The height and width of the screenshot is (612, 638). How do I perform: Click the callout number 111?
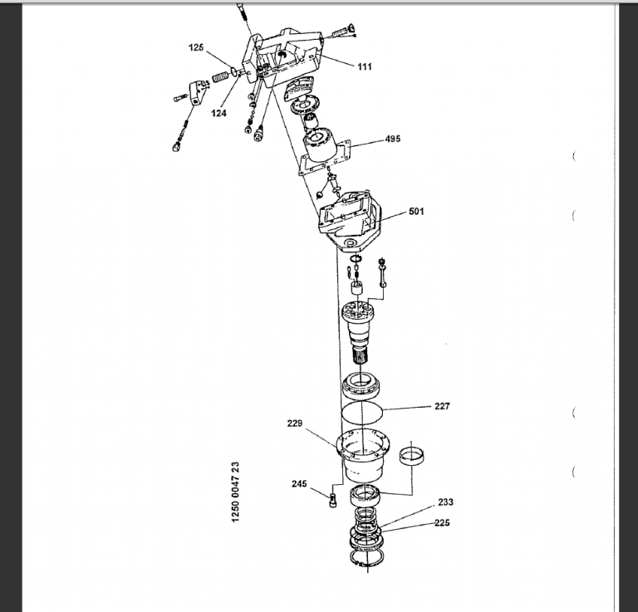pyautogui.click(x=365, y=66)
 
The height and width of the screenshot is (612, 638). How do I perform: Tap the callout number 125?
pyautogui.click(x=196, y=47)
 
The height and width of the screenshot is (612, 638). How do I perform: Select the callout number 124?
pyautogui.click(x=218, y=113)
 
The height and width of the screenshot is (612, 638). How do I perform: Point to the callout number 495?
pyautogui.click(x=393, y=139)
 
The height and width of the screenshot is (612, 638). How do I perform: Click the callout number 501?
pyautogui.click(x=416, y=212)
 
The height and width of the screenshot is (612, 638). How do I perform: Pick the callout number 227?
pyautogui.click(x=442, y=406)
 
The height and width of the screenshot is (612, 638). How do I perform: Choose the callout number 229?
pyautogui.click(x=295, y=424)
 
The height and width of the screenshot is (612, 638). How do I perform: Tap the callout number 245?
pyautogui.click(x=299, y=484)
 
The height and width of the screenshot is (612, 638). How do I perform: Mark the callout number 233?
pyautogui.click(x=445, y=502)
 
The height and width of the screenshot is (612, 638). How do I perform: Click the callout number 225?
pyautogui.click(x=442, y=523)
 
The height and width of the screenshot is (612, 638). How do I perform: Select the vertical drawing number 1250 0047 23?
pyautogui.click(x=236, y=492)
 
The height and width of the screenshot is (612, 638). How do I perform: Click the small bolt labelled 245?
pyautogui.click(x=333, y=500)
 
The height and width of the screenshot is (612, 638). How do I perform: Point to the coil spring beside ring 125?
pyautogui.click(x=222, y=76)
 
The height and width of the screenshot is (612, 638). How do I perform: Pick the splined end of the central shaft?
pyautogui.click(x=360, y=356)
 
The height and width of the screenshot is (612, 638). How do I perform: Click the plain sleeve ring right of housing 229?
pyautogui.click(x=412, y=455)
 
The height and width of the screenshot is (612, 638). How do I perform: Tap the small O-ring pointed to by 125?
pyautogui.click(x=234, y=72)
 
